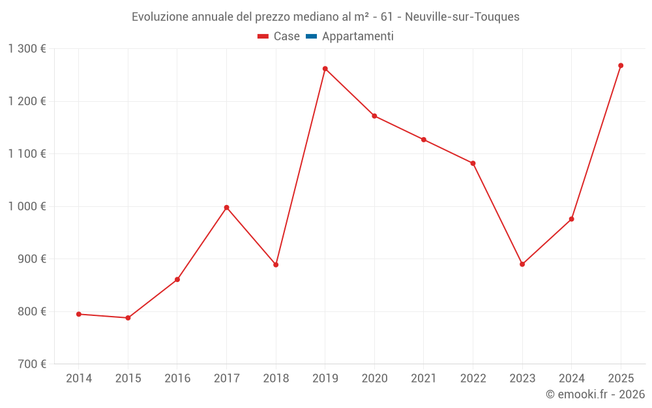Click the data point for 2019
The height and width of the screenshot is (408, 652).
click(x=325, y=69)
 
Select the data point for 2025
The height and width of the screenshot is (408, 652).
click(x=621, y=65)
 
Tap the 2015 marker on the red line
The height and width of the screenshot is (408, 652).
click(x=128, y=318)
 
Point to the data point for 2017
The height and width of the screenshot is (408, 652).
click(x=226, y=208)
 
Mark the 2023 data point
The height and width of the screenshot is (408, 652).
click(x=522, y=264)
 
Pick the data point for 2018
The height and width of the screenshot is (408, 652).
click(x=276, y=265)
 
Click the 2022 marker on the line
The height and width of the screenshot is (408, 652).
click(x=473, y=163)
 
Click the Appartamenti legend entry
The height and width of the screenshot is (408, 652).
click(x=357, y=37)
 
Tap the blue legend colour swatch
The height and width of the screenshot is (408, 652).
click(x=311, y=37)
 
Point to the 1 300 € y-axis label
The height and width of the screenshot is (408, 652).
click(x=27, y=49)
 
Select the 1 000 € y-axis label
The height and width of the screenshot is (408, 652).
click(x=27, y=206)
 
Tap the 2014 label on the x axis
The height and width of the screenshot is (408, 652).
click(x=79, y=379)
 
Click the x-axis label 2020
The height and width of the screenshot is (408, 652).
click(x=374, y=379)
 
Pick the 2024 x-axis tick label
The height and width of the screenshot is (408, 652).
click(x=571, y=379)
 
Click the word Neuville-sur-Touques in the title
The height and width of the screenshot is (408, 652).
click(x=462, y=17)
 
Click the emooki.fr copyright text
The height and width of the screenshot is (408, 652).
click(x=595, y=394)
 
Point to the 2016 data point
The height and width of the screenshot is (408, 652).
click(x=177, y=279)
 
